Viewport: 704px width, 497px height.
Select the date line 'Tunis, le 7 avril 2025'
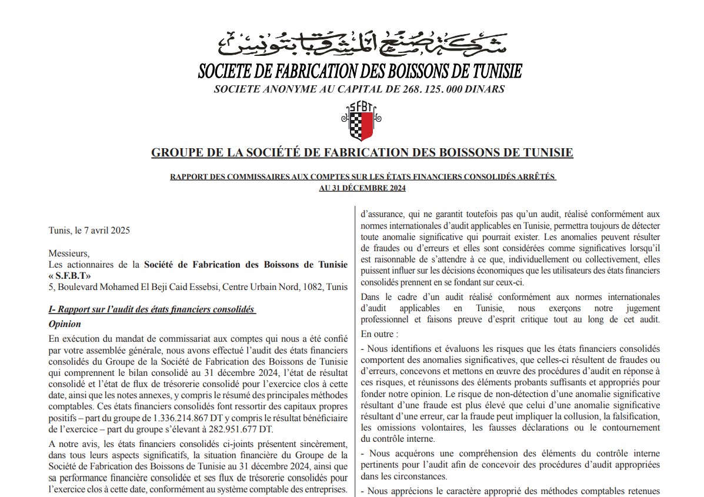point(89,230)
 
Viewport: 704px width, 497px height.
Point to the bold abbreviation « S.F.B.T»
point(70,276)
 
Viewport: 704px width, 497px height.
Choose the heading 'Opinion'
point(65,324)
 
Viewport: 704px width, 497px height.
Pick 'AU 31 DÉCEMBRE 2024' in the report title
point(362,188)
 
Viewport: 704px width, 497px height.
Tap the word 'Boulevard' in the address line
point(77,288)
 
